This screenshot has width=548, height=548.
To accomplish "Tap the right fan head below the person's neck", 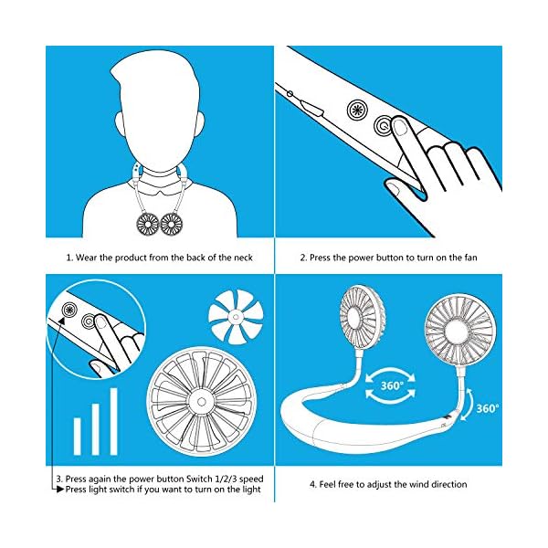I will (171, 222).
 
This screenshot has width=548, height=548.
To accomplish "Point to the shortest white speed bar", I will (77, 433).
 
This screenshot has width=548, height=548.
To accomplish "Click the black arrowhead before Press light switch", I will (60, 490).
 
